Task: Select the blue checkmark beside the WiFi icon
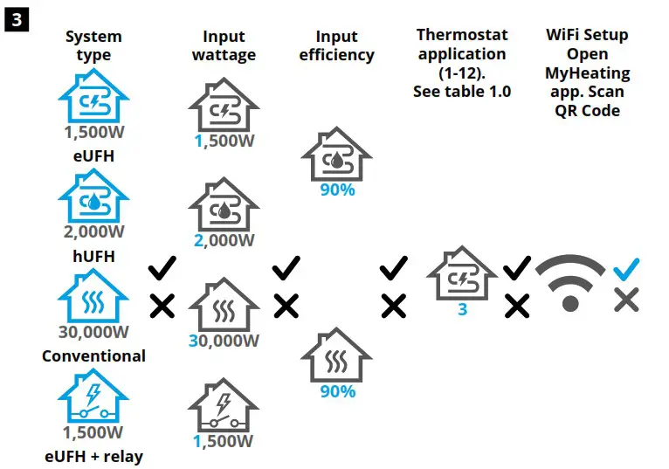pyautogui.click(x=627, y=270)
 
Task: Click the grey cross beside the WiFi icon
pyautogui.click(x=626, y=301)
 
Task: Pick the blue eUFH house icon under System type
pyautogui.click(x=93, y=97)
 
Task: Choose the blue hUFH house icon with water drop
pyautogui.click(x=93, y=196)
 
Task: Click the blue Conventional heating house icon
pyautogui.click(x=93, y=296)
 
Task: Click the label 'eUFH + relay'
pyautogui.click(x=93, y=455)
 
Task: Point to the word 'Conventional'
pyautogui.click(x=93, y=355)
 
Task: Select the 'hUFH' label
pyautogui.click(x=93, y=257)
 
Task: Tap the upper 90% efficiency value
pyautogui.click(x=337, y=190)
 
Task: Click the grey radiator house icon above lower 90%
pyautogui.click(x=337, y=356)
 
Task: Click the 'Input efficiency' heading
pyautogui.click(x=337, y=45)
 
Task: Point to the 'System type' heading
pyautogui.click(x=93, y=45)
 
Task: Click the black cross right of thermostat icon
pyautogui.click(x=518, y=305)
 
